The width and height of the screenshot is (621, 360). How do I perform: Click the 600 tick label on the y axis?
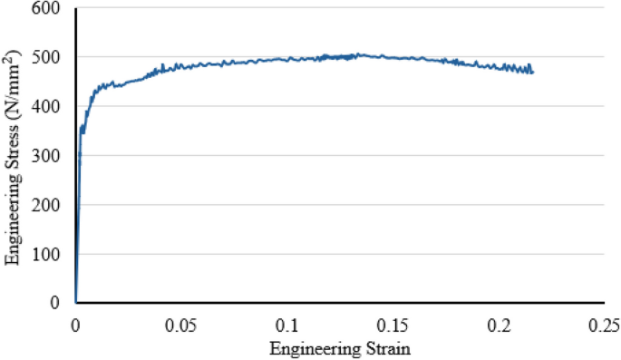(52, 9)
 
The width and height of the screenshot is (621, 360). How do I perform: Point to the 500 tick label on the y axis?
(52, 58)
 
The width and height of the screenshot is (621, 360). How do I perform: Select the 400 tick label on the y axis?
(52, 107)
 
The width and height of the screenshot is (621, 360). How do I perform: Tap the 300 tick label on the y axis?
(52, 156)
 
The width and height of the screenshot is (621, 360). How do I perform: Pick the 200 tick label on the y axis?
(52, 205)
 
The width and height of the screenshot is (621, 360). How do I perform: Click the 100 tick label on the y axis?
(52, 254)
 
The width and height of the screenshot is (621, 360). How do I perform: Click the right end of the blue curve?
(533, 73)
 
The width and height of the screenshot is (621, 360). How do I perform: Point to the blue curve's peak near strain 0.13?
(357, 54)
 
